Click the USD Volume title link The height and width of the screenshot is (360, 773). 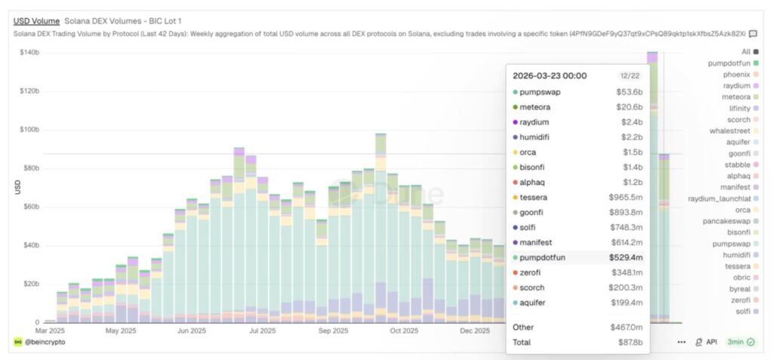coord(35,21)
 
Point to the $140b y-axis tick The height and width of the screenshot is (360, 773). coord(29,52)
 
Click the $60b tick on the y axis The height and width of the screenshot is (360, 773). coord(30,207)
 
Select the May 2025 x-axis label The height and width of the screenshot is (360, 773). coord(122,330)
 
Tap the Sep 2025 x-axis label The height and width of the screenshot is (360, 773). coord(334,330)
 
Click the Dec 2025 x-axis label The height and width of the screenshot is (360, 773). coord(476,330)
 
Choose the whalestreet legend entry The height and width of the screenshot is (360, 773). coord(728,131)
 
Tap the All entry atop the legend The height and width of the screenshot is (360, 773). coord(745,51)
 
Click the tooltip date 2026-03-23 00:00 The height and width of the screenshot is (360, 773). coord(550,75)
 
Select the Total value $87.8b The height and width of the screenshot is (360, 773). coord(630,343)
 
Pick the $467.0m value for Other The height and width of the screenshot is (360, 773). coord(626,328)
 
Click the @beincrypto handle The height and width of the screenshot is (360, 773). coord(45,342)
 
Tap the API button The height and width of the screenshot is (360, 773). coord(707,342)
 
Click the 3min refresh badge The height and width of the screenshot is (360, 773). coord(735,342)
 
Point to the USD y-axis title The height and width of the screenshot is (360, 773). coord(17,187)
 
